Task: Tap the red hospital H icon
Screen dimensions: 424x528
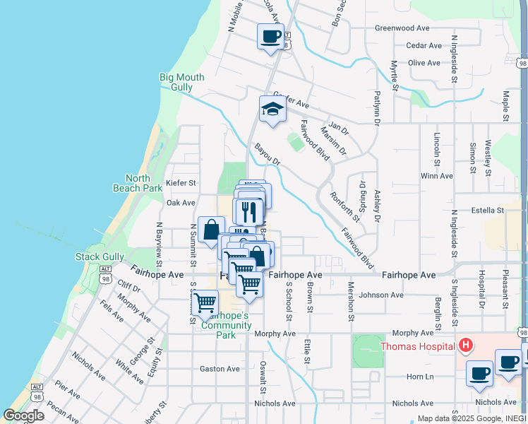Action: (465, 346)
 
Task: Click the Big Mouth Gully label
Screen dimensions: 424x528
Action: (181, 82)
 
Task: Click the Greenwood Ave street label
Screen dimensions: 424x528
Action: (402, 28)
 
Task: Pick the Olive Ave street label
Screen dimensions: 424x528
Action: (424, 63)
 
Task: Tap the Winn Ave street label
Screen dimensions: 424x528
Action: (436, 175)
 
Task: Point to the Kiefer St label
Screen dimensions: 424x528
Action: (181, 183)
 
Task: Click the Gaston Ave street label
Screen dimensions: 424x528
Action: (220, 368)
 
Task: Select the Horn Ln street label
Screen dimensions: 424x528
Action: (419, 377)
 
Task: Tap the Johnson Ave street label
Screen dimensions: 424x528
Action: (380, 295)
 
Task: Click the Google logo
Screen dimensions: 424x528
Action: (23, 416)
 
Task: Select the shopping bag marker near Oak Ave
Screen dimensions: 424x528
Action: (211, 229)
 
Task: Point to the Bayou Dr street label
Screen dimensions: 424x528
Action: (268, 155)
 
